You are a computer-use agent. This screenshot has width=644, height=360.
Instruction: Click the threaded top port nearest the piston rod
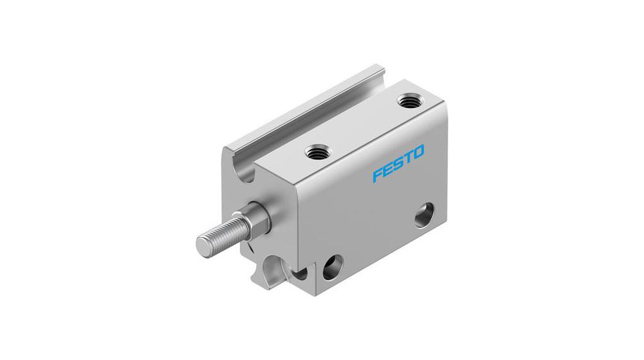(x=314, y=151)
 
